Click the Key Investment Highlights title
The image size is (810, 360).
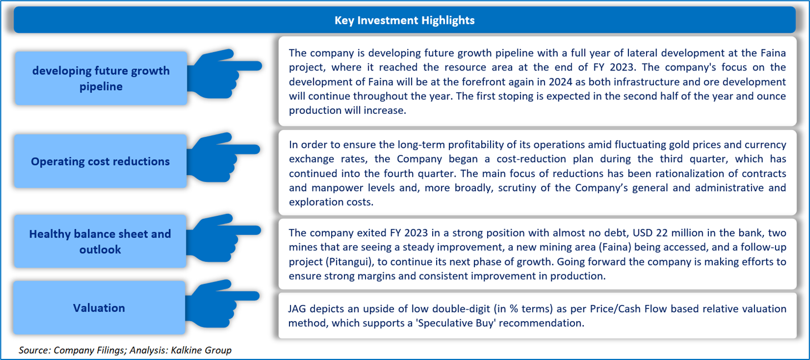[404, 20]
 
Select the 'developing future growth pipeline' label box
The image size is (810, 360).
[101, 78]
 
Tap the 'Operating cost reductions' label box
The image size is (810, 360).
[100, 161]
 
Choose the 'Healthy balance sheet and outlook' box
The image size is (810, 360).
[100, 242]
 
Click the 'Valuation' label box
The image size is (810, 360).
[99, 308]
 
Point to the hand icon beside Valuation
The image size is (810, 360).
[221, 304]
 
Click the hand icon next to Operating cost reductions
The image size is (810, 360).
[222, 157]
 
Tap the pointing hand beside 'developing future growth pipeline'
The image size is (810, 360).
[223, 74]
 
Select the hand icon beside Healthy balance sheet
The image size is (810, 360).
[222, 238]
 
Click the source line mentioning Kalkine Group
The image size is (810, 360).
[125, 350]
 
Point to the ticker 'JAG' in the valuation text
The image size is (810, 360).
[297, 309]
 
